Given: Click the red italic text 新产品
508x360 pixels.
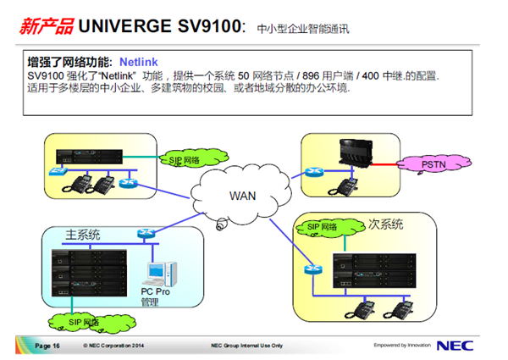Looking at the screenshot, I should (x=45, y=26).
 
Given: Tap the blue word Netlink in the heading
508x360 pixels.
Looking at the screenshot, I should (x=138, y=62).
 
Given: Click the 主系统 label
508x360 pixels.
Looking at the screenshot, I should (x=84, y=233).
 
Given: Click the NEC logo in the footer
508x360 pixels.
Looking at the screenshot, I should (x=455, y=345).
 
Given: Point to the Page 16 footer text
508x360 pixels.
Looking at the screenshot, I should (x=47, y=346).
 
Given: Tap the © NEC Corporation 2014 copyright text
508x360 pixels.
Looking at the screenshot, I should (x=113, y=346).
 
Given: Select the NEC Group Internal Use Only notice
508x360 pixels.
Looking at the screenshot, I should (x=246, y=346).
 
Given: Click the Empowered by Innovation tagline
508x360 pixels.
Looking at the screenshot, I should (x=401, y=346).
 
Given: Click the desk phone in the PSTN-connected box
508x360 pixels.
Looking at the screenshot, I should (x=347, y=184).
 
